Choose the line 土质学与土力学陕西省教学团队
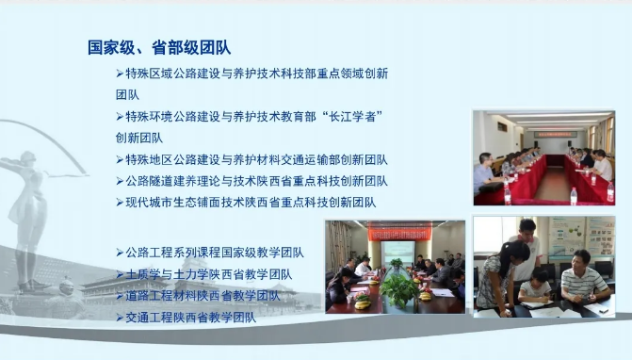point(208,274)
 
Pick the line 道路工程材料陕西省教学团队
point(203,296)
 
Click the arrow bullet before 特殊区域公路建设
point(120,74)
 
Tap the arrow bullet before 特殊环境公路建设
point(120,116)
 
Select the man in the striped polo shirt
point(580,282)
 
